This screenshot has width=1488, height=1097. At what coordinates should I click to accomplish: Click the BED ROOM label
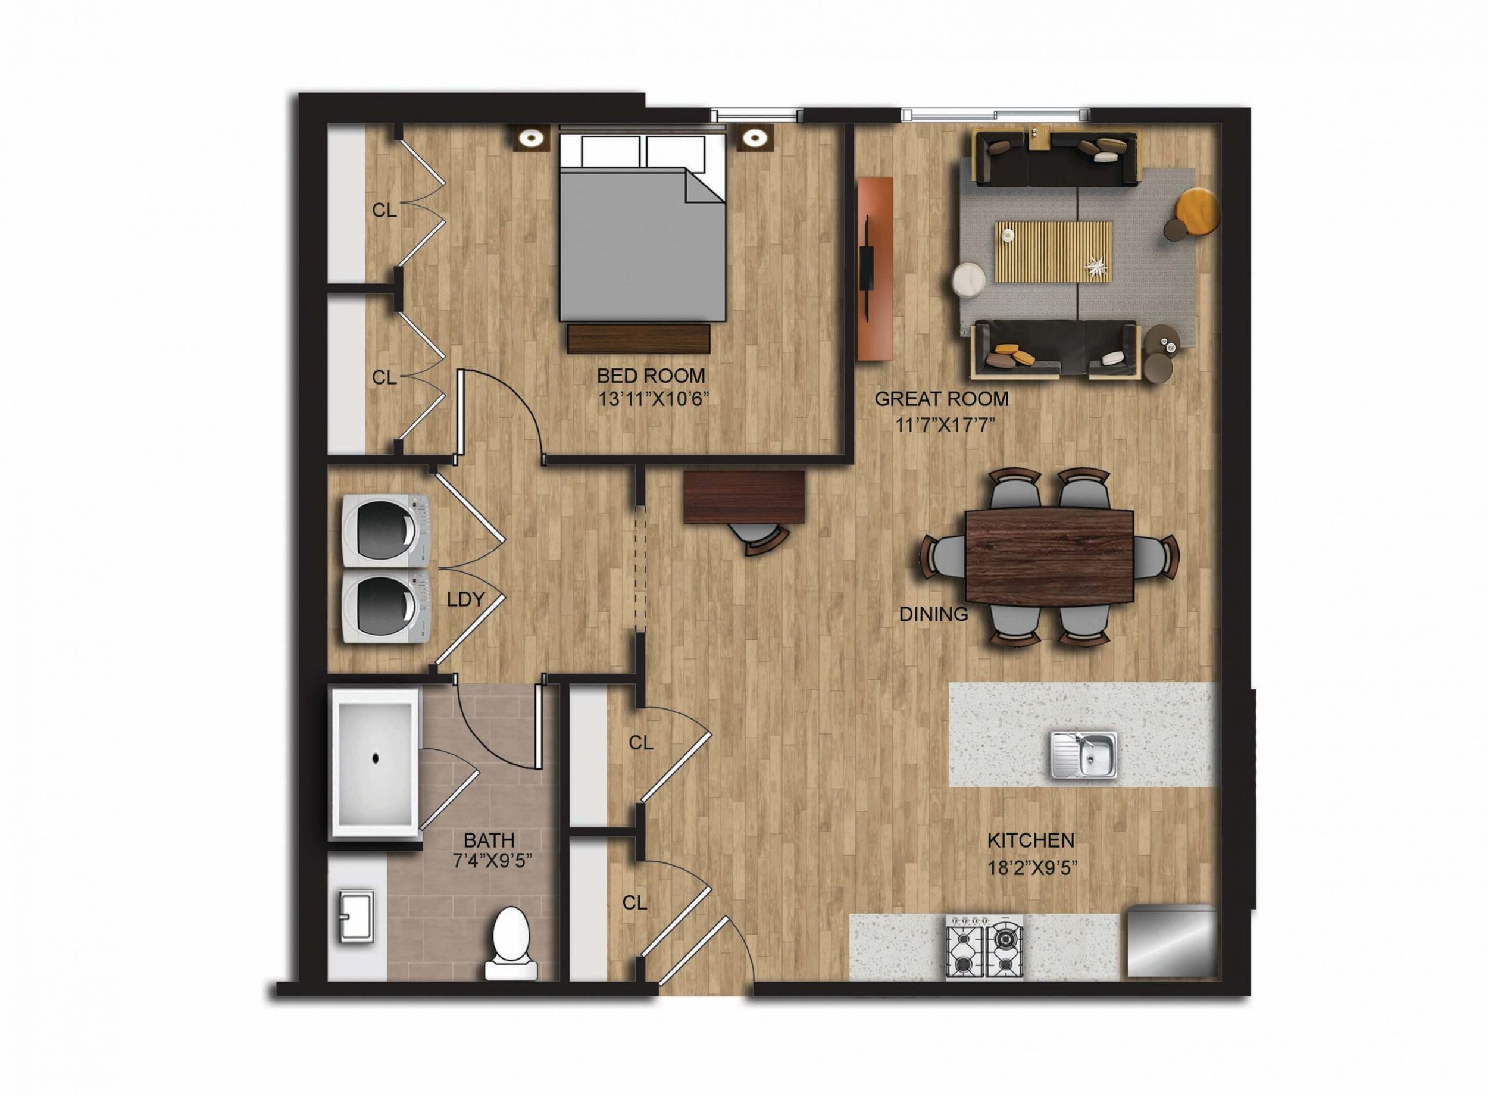(651, 376)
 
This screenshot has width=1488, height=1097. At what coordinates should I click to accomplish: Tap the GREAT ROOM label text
(942, 399)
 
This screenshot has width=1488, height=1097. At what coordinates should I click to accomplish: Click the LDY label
(465, 599)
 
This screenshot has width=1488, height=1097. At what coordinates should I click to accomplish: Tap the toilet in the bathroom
(510, 943)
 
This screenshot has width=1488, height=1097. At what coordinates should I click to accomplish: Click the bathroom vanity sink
(357, 917)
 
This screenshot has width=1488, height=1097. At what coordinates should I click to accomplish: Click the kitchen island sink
(1084, 754)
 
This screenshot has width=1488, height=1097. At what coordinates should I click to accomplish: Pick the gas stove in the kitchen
(984, 947)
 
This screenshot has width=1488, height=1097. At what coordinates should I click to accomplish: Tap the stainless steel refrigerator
(1172, 941)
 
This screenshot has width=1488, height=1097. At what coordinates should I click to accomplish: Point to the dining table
(1050, 555)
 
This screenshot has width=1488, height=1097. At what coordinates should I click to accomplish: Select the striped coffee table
(1053, 252)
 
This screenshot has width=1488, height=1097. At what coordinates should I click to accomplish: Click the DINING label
(933, 615)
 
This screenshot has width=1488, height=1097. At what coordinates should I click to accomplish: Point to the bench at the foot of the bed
(639, 339)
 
